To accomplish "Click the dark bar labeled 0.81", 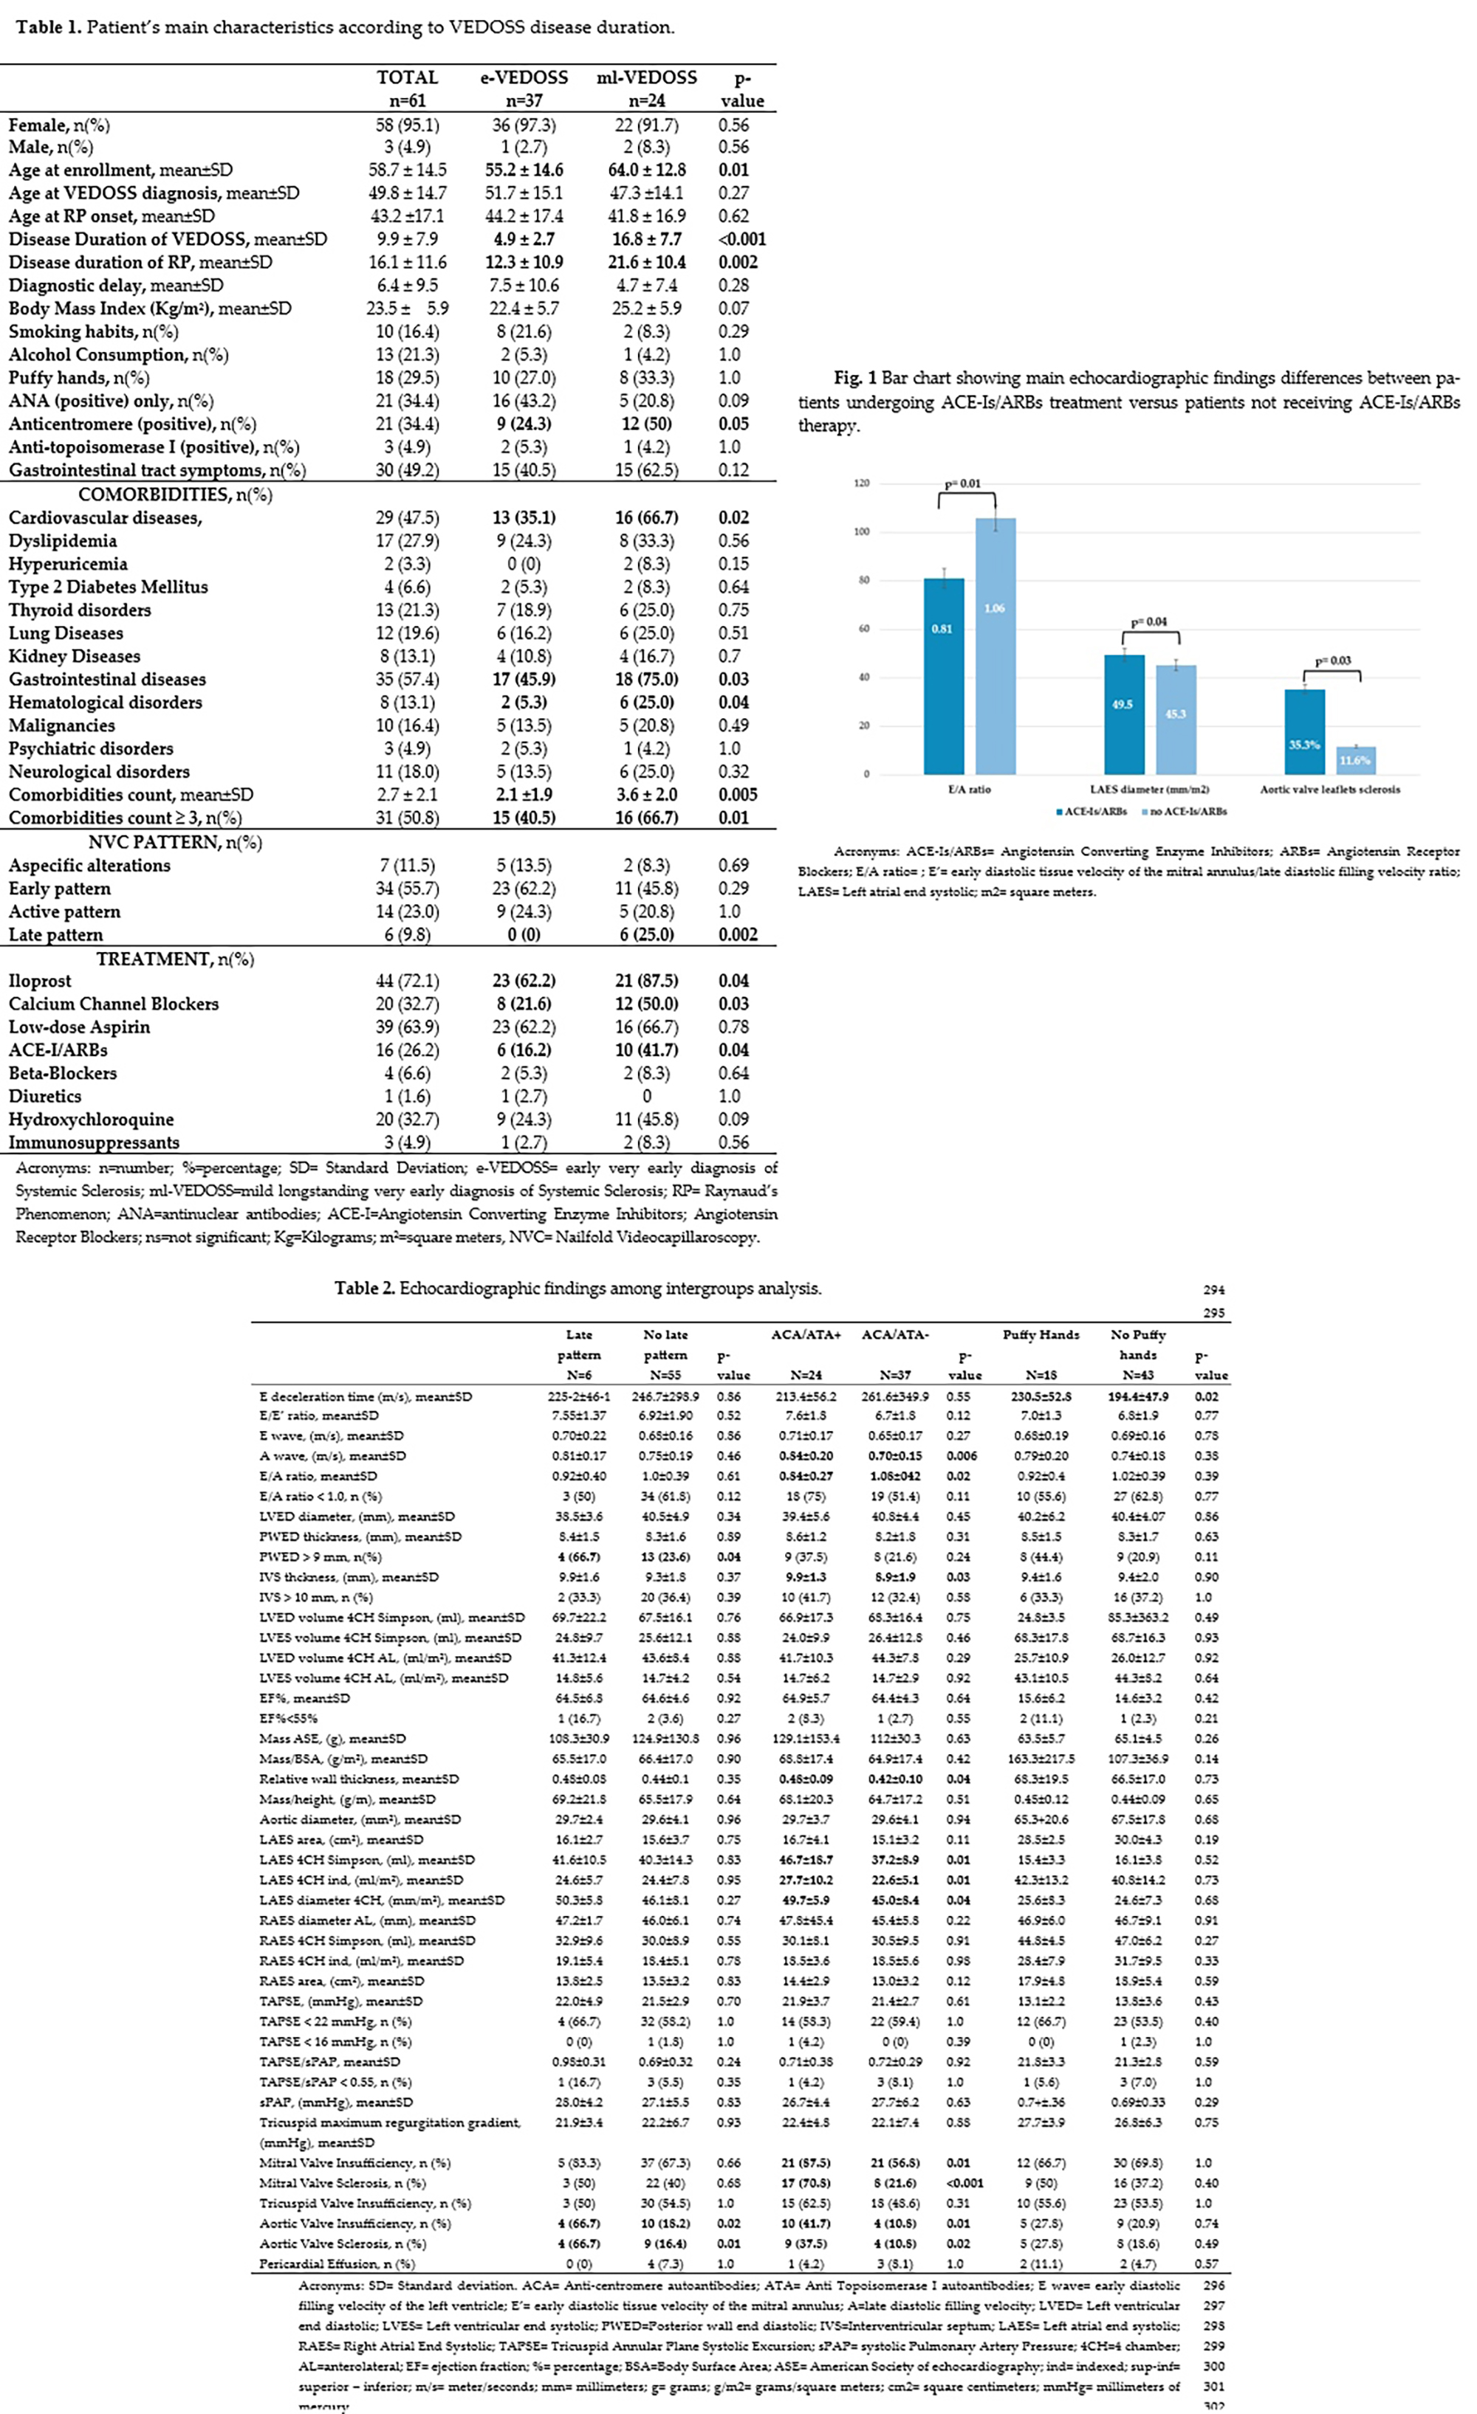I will coord(943,676).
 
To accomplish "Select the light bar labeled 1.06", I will coord(995,646).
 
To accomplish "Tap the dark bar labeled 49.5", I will coord(1123,714).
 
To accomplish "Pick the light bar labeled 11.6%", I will coord(1355,760).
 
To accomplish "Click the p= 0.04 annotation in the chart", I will coord(1148,621).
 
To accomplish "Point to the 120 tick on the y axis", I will coord(862,483).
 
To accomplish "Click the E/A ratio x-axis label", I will coord(970,789).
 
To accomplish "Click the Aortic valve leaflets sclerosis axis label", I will coord(1330,789).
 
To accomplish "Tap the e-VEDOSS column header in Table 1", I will coord(524,77).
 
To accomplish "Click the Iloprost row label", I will coord(40,981).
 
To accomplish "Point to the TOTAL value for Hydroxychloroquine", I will coord(407,1119).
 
